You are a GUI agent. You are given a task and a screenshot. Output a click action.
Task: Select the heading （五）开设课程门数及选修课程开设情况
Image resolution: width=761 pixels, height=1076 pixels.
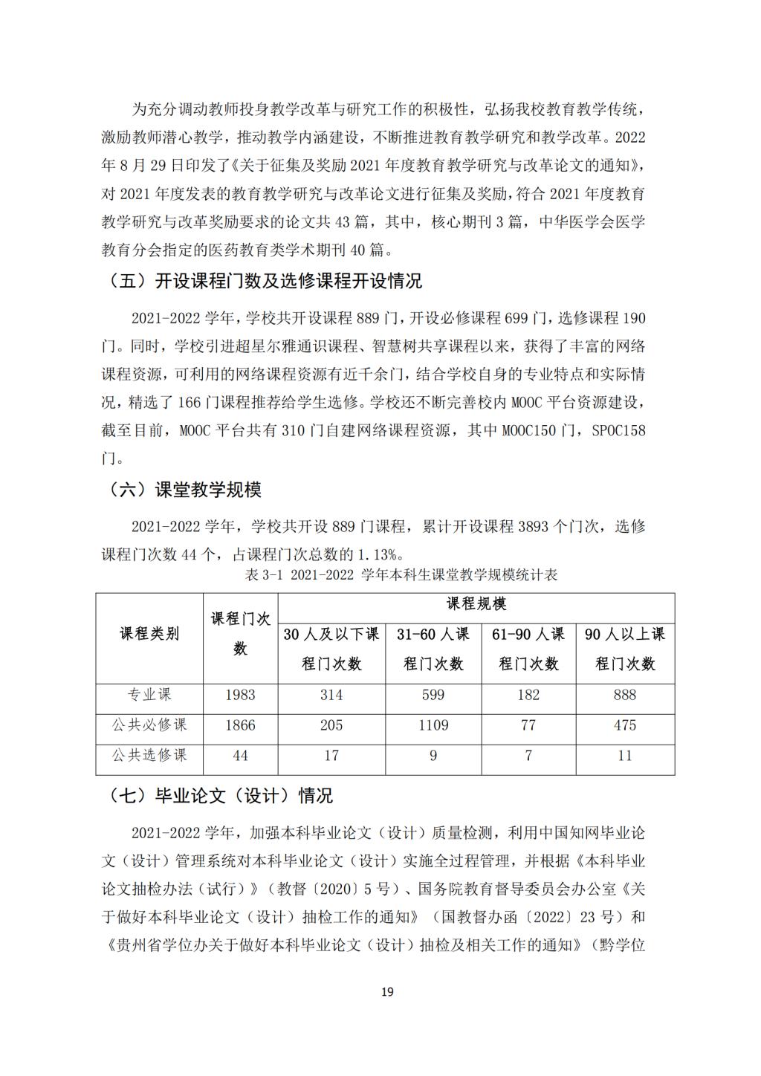click(265, 281)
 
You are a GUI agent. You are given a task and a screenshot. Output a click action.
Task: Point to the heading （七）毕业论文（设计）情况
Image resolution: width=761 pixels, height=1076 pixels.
click(221, 795)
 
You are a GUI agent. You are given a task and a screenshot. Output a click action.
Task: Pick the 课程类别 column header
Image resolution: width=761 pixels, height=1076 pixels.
click(149, 634)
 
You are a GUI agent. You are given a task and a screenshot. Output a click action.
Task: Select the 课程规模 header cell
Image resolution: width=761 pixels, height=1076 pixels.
click(476, 604)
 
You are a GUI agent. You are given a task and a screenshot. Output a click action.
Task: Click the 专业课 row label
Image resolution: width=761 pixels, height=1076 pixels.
click(149, 695)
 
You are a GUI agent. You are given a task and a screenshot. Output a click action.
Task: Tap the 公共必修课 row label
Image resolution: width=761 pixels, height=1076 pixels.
click(149, 725)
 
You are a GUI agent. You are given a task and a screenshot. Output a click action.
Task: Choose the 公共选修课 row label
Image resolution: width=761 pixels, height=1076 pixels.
click(149, 756)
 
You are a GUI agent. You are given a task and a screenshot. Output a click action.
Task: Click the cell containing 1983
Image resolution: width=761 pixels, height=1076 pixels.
click(240, 695)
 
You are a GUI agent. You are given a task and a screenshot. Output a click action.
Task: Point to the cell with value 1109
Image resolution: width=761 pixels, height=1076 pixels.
click(433, 725)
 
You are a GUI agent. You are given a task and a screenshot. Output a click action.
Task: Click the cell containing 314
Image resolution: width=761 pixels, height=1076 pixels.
click(331, 695)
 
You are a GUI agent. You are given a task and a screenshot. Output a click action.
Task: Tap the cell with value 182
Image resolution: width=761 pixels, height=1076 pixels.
click(528, 695)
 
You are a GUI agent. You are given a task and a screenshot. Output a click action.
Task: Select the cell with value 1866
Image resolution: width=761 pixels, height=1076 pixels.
click(240, 725)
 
